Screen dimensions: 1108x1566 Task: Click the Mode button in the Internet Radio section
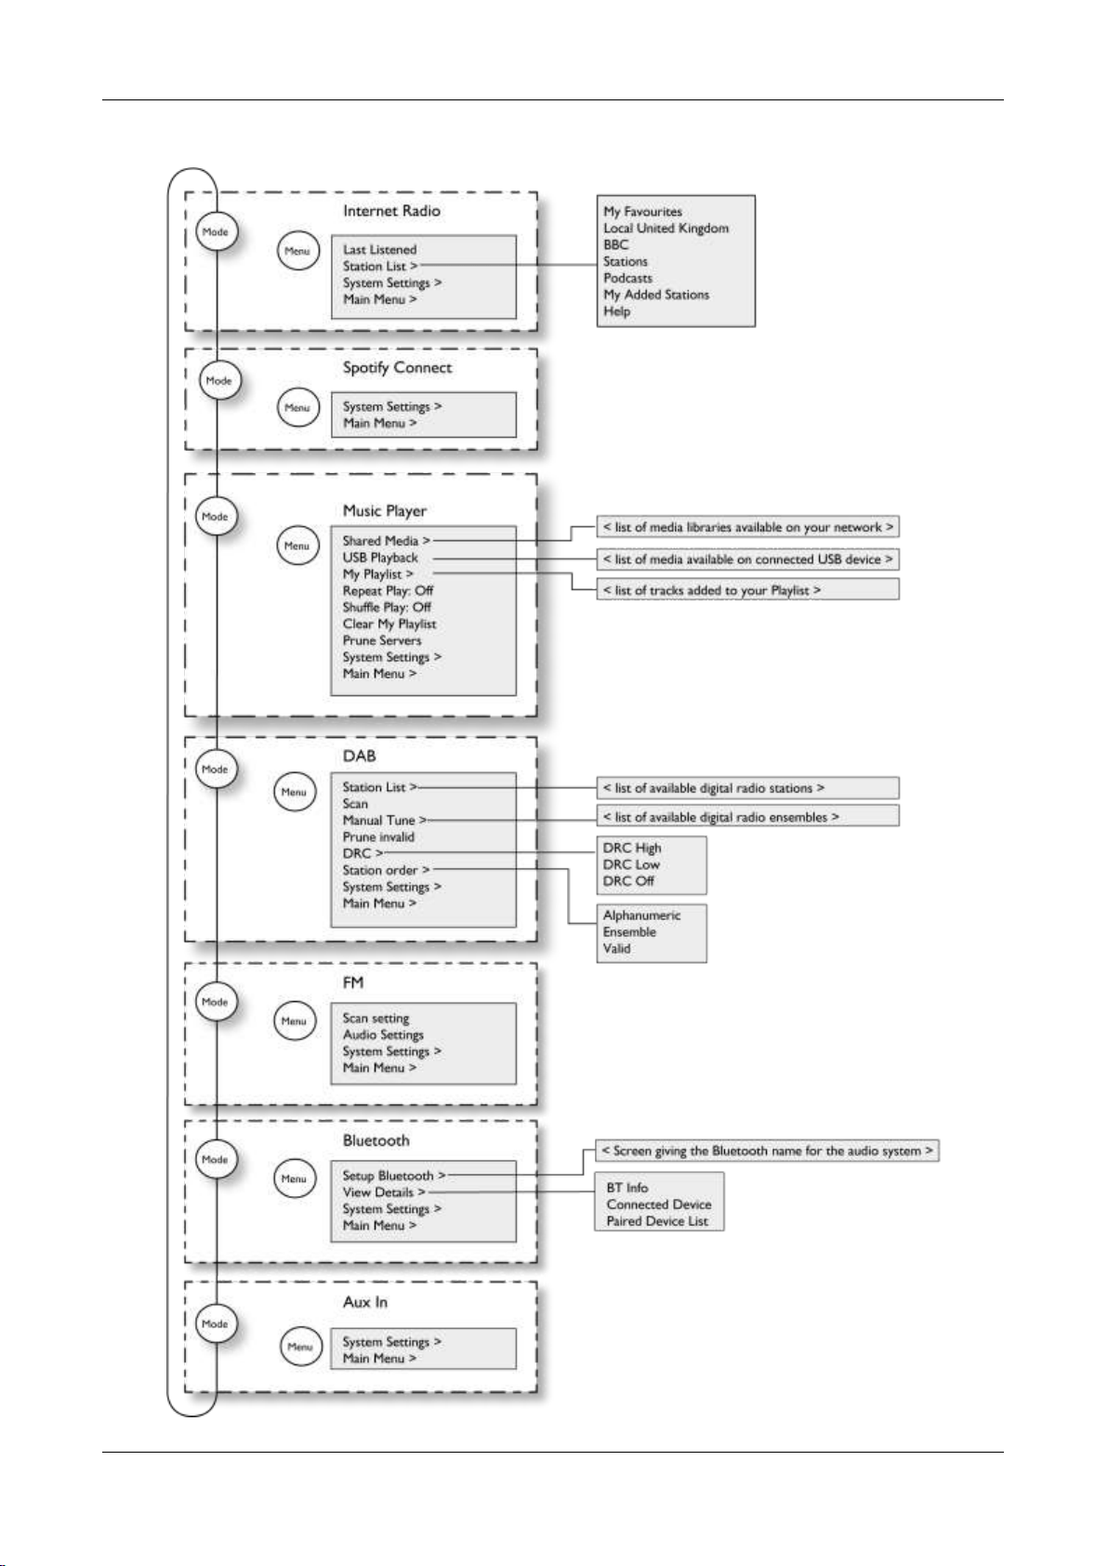(x=216, y=231)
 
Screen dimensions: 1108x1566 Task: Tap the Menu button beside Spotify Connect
(x=297, y=408)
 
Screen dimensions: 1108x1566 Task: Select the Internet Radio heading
(x=391, y=210)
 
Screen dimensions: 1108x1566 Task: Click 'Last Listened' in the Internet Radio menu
(x=379, y=250)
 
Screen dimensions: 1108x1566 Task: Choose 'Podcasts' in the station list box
(x=627, y=278)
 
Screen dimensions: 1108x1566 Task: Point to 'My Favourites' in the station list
(x=642, y=211)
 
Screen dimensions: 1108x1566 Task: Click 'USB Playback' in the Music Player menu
(x=380, y=558)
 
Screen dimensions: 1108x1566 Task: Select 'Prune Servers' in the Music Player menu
(x=382, y=640)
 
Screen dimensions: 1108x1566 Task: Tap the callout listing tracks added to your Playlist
(x=747, y=589)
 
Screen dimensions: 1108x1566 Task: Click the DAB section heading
(x=359, y=756)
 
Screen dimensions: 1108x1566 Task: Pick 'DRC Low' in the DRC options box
(x=631, y=864)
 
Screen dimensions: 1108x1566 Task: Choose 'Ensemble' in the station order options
(x=629, y=932)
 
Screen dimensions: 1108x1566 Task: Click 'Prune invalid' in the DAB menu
(x=378, y=836)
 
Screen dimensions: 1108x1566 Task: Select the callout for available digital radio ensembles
(x=747, y=816)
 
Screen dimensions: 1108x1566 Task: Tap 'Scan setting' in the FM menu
(x=376, y=1018)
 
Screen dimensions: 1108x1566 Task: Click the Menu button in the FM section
(x=294, y=1020)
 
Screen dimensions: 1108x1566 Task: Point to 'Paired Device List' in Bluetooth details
(x=657, y=1221)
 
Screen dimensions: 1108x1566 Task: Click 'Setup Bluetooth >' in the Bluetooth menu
(x=393, y=1176)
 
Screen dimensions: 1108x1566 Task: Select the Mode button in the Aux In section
(x=216, y=1323)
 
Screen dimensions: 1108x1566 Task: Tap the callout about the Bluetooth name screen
(x=767, y=1150)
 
